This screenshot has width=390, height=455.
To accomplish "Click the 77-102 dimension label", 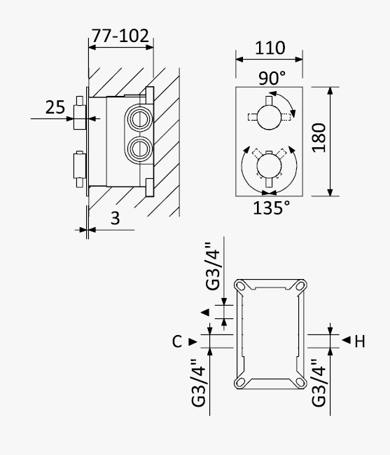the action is pos(120,36).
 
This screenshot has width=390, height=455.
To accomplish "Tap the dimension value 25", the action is pos(55,107).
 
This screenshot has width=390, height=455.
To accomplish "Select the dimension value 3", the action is pos(115,218).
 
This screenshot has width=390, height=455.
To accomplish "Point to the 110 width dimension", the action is pos(270,48).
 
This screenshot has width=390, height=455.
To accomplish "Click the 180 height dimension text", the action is pos(319,138).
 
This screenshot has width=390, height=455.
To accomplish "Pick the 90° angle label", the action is pos(272,78).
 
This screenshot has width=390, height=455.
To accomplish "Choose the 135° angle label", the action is pos(271,208).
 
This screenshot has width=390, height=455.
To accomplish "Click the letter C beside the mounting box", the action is pos(176,341).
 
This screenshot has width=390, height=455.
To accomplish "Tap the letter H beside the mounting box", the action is pos(360,341).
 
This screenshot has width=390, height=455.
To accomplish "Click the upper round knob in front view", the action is pos(269,116).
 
